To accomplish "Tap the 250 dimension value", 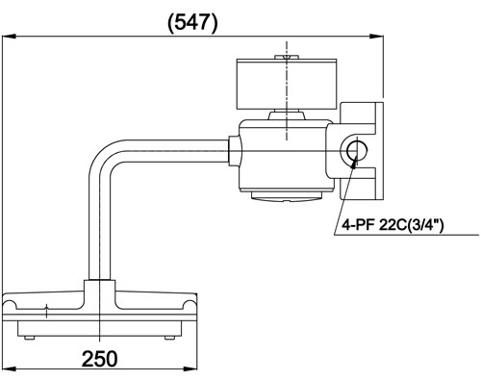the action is coord(99,359).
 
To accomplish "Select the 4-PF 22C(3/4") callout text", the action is coord(392,225).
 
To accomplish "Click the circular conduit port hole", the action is coord(357,151).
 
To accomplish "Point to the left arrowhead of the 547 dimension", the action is coord(9,37).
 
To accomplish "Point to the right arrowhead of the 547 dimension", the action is coord(376,37).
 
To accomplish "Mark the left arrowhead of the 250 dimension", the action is coord(9,369).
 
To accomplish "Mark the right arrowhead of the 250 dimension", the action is coord(190,369).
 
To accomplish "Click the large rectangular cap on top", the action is coord(287,84).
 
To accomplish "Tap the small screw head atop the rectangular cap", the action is coord(287,57).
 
